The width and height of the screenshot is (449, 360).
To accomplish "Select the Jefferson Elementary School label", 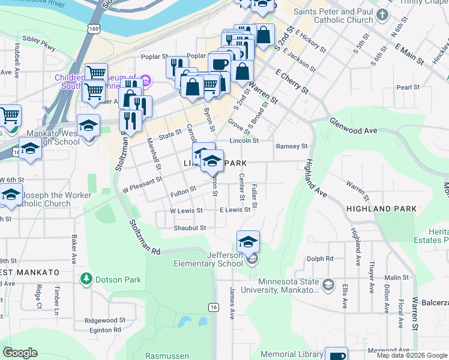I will coord(208,259).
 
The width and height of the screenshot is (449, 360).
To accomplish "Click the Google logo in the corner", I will coord(20,353).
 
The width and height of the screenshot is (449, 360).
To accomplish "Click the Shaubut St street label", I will coord(190,228).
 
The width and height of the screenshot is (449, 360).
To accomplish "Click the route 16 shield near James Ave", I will coord(213,307).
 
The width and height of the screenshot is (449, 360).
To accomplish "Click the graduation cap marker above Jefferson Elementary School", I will coord(248,241).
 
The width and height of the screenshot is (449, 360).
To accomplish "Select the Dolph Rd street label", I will coord(319,259).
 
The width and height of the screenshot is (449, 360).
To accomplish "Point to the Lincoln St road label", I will coord(244,141).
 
